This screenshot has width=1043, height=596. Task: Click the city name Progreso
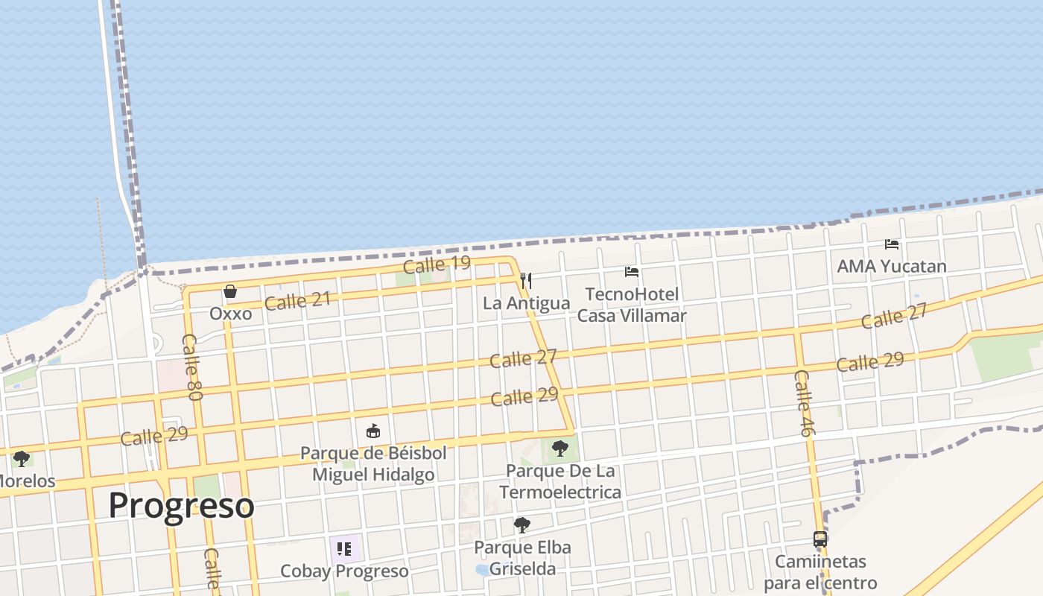tap(181, 505)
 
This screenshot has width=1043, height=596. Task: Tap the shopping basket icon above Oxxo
tap(230, 291)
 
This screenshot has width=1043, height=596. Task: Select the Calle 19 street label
tap(437, 264)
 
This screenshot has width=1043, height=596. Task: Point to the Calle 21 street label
tap(297, 301)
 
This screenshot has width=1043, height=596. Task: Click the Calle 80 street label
tap(191, 367)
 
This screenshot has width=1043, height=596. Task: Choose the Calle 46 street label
tap(804, 402)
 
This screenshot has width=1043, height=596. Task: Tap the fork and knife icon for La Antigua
tap(526, 280)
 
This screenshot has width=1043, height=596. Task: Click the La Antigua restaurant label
tap(526, 303)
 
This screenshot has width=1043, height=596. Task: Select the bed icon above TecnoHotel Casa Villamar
tap(632, 272)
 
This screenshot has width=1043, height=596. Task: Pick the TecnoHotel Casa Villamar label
tap(632, 305)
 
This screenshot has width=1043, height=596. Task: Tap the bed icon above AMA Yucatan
tap(891, 244)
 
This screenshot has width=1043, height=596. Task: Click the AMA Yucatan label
tap(891, 266)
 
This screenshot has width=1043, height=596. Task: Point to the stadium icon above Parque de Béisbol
tap(373, 431)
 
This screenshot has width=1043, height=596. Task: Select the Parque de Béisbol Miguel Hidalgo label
tap(373, 463)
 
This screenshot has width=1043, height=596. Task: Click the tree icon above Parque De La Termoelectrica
tap(559, 448)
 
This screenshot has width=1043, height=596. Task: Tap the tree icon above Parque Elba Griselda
tap(522, 525)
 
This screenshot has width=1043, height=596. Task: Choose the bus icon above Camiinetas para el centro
tap(819, 539)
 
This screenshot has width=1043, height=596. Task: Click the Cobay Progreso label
tap(344, 571)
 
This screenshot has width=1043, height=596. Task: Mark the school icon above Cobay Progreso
tap(343, 549)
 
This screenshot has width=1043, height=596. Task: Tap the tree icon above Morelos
tap(22, 458)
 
